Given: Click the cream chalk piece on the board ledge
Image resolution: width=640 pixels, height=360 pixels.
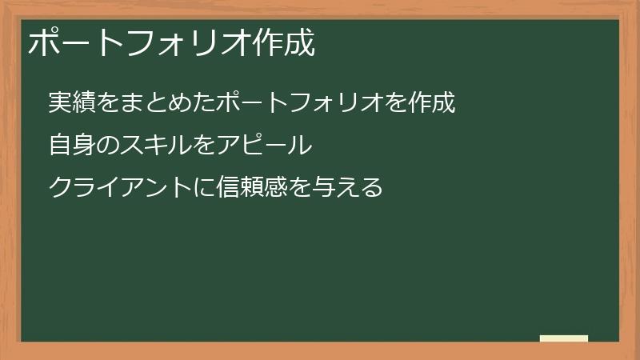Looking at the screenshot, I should tap(564, 338).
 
